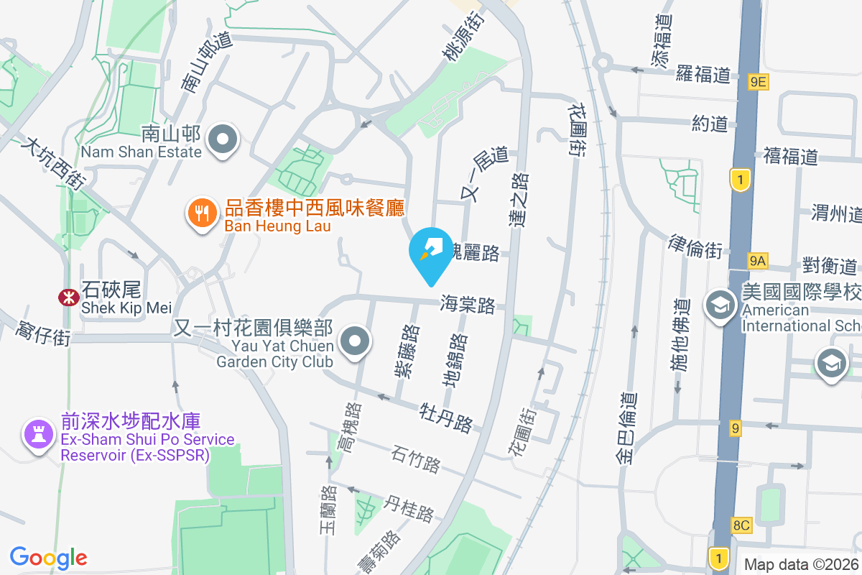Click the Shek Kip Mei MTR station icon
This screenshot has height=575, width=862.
click(x=69, y=297)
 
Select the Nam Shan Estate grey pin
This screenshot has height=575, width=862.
click(x=223, y=139)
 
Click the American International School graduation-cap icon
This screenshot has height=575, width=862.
click(x=719, y=305)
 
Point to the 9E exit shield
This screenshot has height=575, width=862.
click(x=757, y=82)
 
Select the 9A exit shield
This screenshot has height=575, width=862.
click(x=757, y=260)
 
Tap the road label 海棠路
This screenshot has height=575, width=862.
click(x=468, y=305)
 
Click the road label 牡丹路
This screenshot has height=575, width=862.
click(x=446, y=418)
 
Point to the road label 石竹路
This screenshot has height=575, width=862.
click(x=416, y=459)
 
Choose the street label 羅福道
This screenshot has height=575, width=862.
click(x=703, y=74)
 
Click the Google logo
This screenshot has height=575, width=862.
click(x=48, y=557)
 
